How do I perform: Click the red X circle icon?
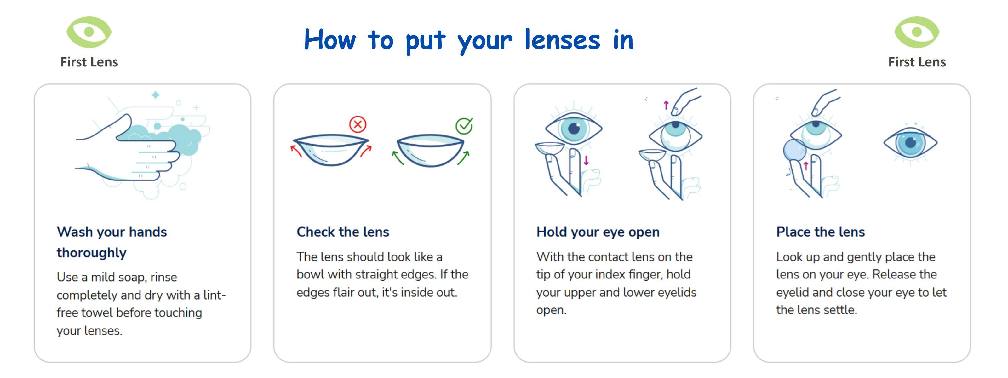coord(358,124)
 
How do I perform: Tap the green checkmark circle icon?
coord(464,126)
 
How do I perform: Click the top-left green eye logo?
coord(89,32)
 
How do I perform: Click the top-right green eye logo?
coord(917,32)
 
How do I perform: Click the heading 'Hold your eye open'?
coord(598,232)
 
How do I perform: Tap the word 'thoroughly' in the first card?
coord(92,253)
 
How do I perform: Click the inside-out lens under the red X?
coord(331,150)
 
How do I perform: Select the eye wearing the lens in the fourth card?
coord(911,143)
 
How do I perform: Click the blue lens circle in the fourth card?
coord(794,150)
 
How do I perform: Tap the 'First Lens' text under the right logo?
coord(917,62)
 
